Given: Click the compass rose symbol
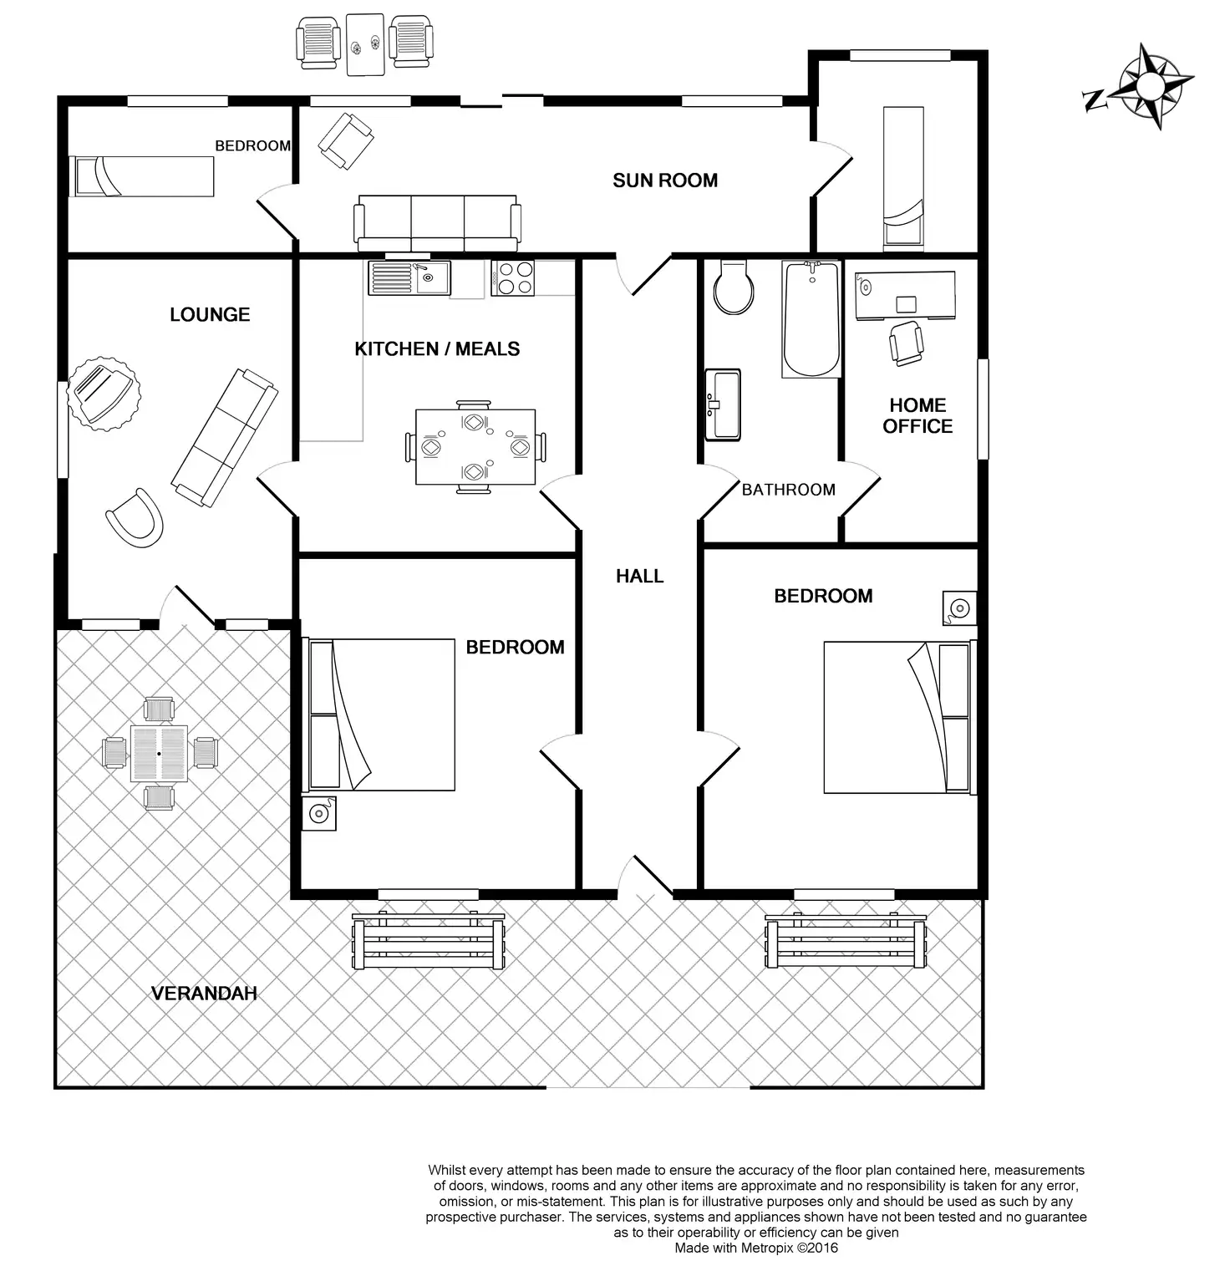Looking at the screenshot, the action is click(1149, 85).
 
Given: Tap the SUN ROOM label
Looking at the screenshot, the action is click(665, 181).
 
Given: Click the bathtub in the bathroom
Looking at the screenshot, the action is click(811, 318).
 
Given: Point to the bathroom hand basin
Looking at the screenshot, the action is click(723, 404).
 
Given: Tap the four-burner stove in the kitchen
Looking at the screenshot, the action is click(513, 277).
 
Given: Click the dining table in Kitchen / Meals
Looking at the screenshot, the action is click(475, 447).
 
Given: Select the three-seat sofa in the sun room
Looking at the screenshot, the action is click(437, 223).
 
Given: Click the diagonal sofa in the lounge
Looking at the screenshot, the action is click(224, 438).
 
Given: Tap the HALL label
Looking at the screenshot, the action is click(640, 576).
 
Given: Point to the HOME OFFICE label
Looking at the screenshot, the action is click(917, 415).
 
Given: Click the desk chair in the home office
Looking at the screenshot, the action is click(907, 343).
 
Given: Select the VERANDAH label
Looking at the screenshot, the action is click(204, 994).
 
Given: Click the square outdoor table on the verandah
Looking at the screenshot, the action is click(159, 754).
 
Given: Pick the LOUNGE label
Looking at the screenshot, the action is click(210, 315).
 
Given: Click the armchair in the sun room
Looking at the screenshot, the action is click(345, 141).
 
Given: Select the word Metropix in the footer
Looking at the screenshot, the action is click(758, 1248).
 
